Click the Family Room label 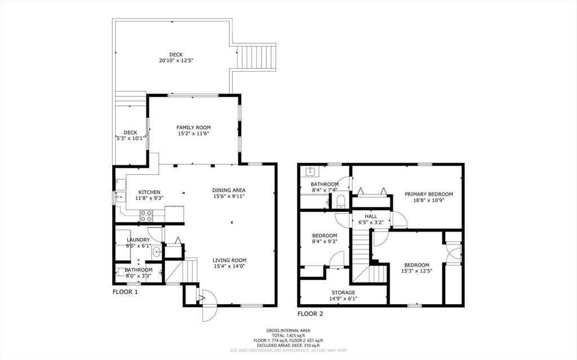(x=193, y=128)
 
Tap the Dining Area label (x=229, y=190)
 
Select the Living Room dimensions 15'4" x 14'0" (x=229, y=266)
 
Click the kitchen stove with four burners (x=146, y=216)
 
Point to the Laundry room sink (x=157, y=252)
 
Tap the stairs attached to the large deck (x=256, y=57)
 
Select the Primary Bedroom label (x=429, y=194)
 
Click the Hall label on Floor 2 (x=371, y=216)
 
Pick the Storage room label (x=343, y=292)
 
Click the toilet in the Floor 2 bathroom (x=341, y=201)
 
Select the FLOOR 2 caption (x=310, y=314)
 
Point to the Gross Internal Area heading (x=288, y=331)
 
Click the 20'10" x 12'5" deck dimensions (x=176, y=60)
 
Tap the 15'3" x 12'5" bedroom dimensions (x=416, y=271)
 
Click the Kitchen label (x=149, y=192)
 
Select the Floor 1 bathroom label (x=139, y=270)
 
